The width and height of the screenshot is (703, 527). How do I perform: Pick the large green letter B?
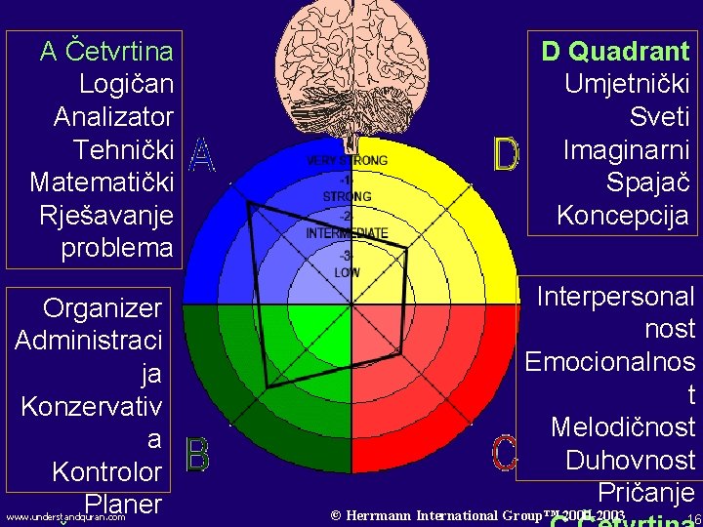click(x=197, y=456)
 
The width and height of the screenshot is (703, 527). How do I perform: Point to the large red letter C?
click(x=504, y=453)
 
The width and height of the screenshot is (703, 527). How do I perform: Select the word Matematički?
click(x=103, y=182)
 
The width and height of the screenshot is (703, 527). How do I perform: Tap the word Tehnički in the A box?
click(x=124, y=149)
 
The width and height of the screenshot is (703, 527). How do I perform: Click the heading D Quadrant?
click(x=615, y=51)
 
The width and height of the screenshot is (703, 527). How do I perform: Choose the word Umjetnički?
click(x=627, y=84)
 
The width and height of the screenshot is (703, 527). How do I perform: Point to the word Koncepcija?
click(x=623, y=216)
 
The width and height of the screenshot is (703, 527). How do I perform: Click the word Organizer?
click(x=103, y=308)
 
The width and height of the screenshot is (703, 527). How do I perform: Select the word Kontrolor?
click(x=106, y=472)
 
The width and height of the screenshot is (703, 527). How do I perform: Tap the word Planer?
click(x=123, y=504)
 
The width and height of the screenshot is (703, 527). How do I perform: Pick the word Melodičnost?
click(x=623, y=427)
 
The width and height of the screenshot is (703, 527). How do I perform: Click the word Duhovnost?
click(x=630, y=461)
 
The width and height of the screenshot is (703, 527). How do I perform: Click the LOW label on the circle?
click(x=347, y=272)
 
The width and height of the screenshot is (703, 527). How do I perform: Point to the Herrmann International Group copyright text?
click(x=477, y=514)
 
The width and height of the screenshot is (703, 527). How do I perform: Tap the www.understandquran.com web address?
click(x=65, y=517)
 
